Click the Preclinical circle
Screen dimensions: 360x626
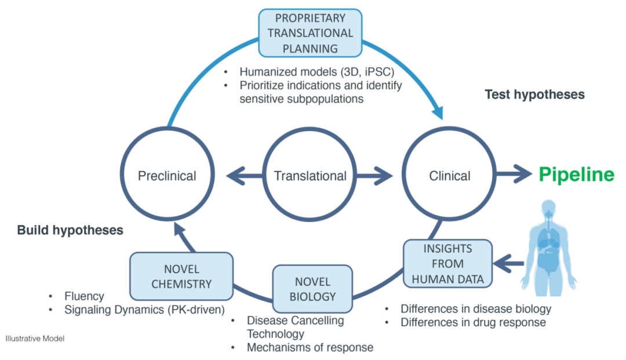click(167, 176)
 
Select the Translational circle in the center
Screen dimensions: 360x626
click(310, 176)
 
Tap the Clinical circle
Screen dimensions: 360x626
click(450, 176)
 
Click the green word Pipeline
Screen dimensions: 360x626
click(576, 174)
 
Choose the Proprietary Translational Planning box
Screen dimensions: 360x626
click(310, 33)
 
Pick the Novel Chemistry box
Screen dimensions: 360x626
click(182, 277)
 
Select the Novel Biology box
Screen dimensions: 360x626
click(312, 289)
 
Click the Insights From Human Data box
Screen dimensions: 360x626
click(447, 264)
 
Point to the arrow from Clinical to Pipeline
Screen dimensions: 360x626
click(515, 174)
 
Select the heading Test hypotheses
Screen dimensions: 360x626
click(534, 94)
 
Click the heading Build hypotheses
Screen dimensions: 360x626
click(70, 230)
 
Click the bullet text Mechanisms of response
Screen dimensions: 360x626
click(310, 348)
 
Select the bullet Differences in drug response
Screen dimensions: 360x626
click(473, 322)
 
